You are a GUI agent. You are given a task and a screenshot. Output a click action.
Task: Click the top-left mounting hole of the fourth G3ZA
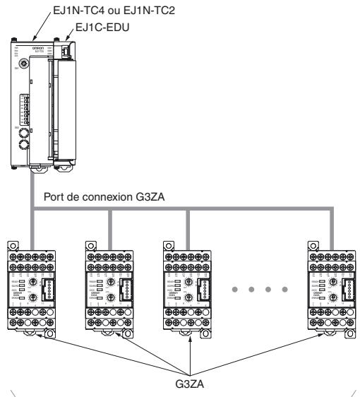[312, 245]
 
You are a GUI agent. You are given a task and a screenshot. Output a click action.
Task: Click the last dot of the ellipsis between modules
[284, 288]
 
